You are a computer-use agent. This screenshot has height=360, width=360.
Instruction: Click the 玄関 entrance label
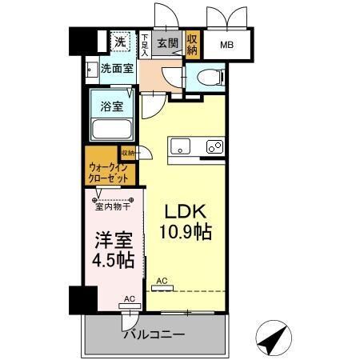pos(167,42)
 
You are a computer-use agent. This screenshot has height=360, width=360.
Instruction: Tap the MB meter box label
pos(227,45)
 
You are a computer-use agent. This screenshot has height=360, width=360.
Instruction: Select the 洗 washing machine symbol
pos(119,42)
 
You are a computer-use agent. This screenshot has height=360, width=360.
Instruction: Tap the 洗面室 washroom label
pos(117,68)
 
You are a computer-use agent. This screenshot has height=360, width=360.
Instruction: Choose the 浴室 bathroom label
pos(111,106)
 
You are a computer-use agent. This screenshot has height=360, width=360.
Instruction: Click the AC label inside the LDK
pos(162,281)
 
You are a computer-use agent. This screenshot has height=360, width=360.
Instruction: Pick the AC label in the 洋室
pos(129,298)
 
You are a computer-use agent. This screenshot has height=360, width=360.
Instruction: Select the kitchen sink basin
pos(179,147)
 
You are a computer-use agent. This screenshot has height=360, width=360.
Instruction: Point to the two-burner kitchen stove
pos(214,147)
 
